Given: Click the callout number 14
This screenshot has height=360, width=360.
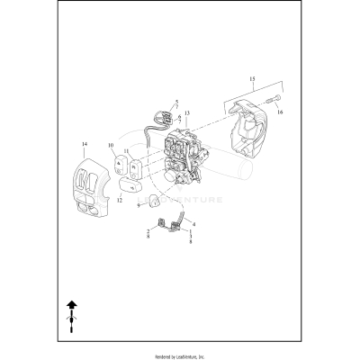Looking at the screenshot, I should (84, 144).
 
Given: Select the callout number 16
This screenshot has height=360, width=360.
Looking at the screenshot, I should (280, 112).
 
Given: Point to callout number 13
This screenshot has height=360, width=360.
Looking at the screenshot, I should (187, 113).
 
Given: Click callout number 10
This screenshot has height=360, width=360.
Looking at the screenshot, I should (111, 145).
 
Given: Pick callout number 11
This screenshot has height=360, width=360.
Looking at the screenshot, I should (127, 152).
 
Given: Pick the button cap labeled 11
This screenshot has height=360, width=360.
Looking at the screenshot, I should (136, 168).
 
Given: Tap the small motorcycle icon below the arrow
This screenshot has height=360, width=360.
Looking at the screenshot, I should (72, 321).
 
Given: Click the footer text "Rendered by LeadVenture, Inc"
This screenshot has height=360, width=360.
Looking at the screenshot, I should (180, 352).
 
